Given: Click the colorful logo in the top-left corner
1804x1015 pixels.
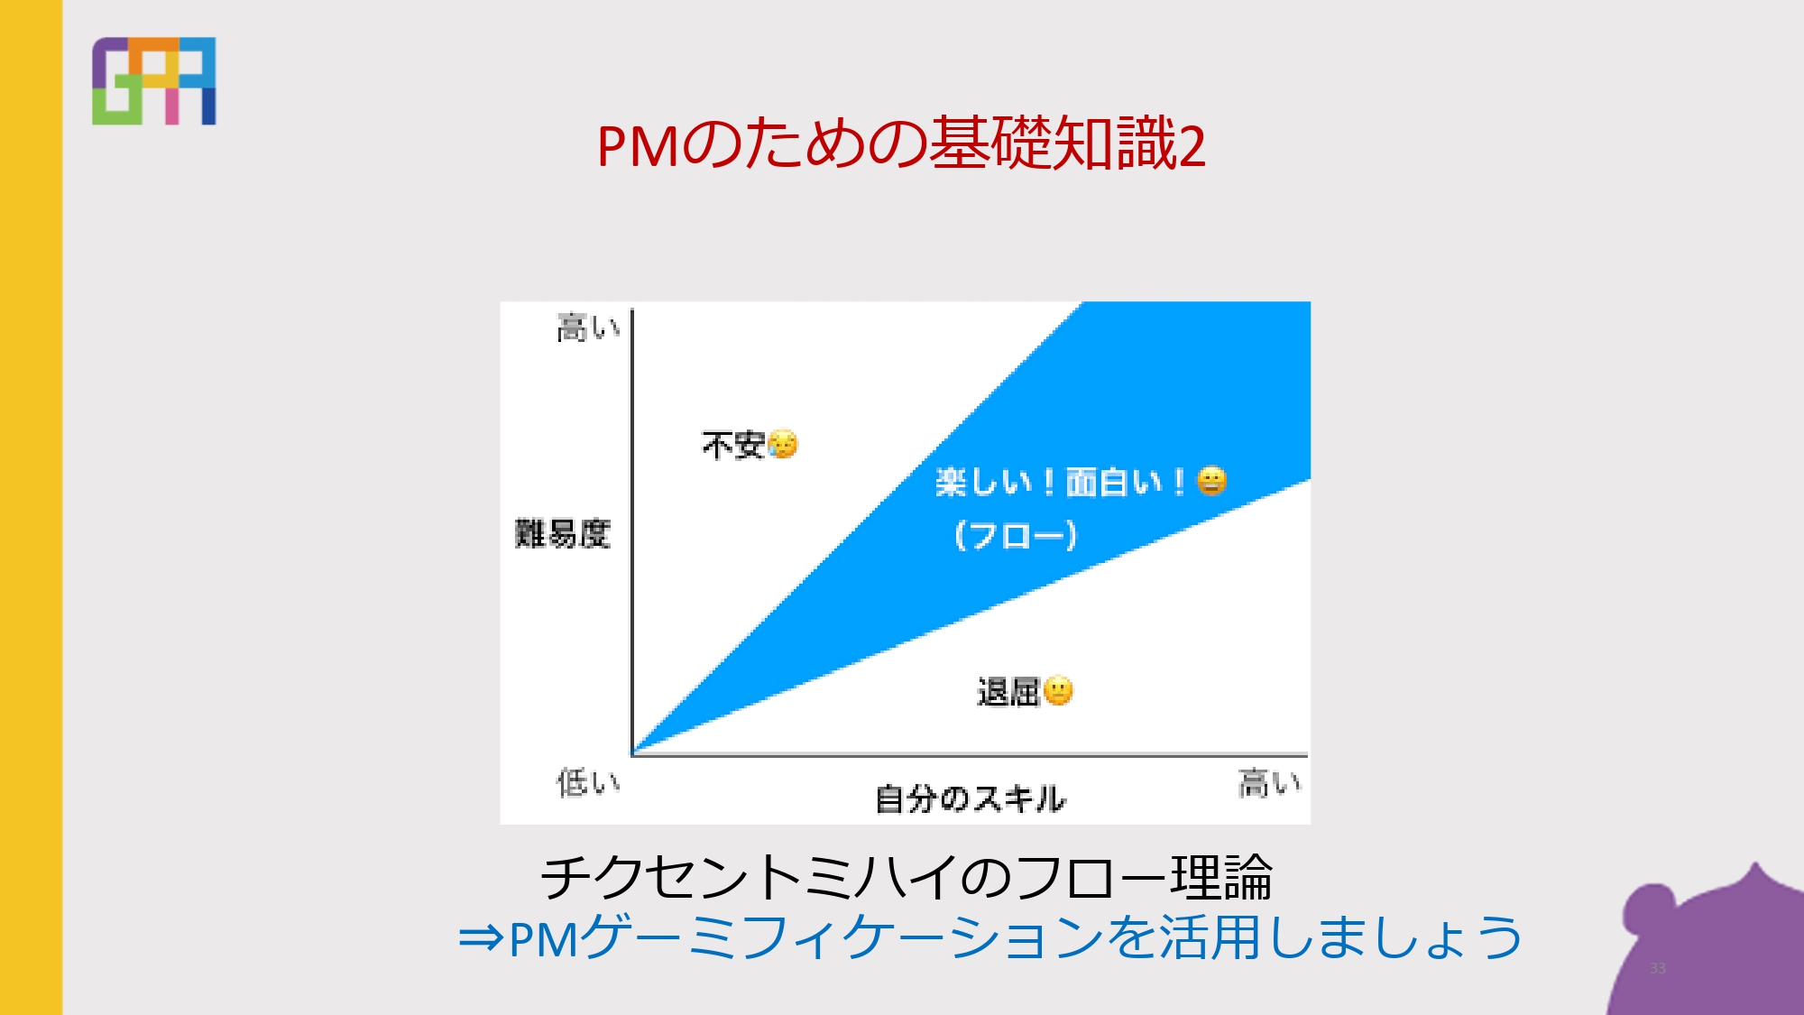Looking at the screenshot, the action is click(153, 80).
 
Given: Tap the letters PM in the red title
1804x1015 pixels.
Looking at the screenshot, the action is click(638, 146).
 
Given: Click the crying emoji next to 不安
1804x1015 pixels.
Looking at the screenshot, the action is click(783, 444).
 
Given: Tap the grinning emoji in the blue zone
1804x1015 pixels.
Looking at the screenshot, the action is click(1211, 481).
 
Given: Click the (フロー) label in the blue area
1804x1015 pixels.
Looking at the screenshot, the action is click(1016, 535).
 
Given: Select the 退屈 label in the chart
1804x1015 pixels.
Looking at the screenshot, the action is click(1009, 692).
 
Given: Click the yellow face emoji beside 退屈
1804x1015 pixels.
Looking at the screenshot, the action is click(1058, 691).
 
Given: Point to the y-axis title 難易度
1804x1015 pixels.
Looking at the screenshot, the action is click(562, 533).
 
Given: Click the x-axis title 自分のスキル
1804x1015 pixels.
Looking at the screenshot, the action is click(971, 798).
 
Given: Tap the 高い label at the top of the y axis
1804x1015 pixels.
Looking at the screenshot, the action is click(588, 328).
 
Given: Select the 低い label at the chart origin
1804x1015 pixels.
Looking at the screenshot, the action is click(588, 782).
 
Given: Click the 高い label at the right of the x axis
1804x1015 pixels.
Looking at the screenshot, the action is click(1269, 782).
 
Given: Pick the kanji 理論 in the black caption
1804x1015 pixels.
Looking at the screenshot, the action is click(1221, 878).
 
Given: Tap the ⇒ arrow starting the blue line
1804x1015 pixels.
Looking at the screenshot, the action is click(481, 938).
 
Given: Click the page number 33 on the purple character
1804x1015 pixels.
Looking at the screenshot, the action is click(1658, 968).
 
